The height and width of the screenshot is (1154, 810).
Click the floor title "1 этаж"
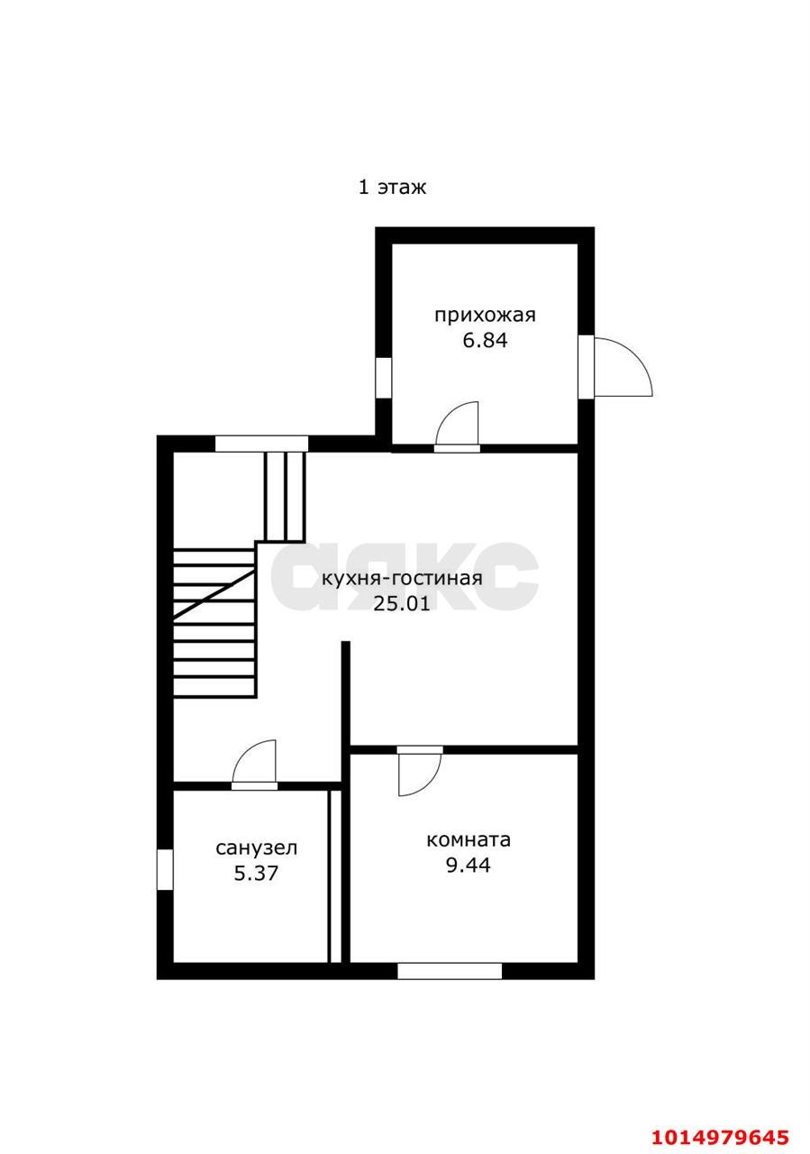(x=392, y=187)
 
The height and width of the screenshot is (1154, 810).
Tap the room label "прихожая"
(x=485, y=315)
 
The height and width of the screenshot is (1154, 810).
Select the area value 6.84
(x=485, y=341)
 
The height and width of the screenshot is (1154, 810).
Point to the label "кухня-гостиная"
(x=402, y=579)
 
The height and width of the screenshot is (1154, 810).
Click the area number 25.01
(x=402, y=604)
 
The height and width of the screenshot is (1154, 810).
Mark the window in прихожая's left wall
(x=383, y=378)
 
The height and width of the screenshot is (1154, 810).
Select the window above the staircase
(x=261, y=444)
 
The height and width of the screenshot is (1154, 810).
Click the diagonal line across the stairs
(x=214, y=594)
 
